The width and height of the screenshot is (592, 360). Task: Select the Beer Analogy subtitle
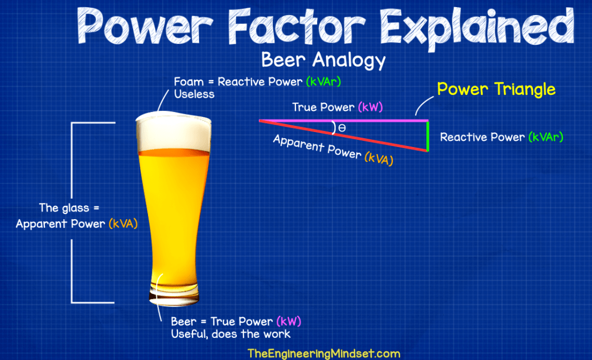coord(323,59)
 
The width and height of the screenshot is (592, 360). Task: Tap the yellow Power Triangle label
coord(496,89)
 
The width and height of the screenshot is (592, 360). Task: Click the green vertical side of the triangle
coord(428,136)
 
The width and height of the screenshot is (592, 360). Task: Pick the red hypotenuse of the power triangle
coord(344,135)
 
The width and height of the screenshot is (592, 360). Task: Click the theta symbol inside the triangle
coord(342,128)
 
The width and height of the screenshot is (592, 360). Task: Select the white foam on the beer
coord(173,131)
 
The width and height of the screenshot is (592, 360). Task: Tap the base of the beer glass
coord(173,297)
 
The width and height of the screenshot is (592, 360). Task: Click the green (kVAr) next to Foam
coord(323,82)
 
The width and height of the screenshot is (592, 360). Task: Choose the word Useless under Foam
coord(194,94)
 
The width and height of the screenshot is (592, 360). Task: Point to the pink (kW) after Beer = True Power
coord(288,322)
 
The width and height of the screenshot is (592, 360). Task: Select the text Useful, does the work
coord(231,334)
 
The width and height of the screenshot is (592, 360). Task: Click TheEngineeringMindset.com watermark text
coord(324,353)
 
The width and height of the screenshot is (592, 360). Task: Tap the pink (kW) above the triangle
coord(370,107)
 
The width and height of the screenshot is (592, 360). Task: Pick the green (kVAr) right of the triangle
coord(545,137)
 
